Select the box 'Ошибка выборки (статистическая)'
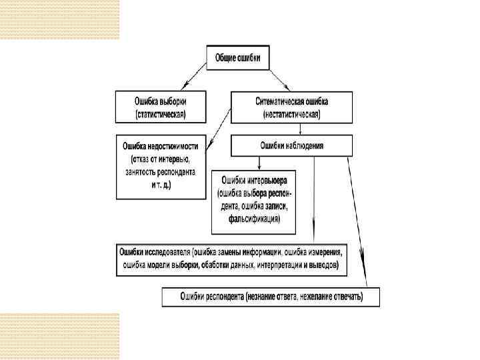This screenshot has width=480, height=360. [x=161, y=107]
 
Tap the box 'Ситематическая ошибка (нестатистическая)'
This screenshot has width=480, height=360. [x=291, y=107]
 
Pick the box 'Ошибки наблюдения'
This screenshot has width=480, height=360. [x=291, y=145]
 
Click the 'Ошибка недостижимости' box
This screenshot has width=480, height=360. [x=161, y=167]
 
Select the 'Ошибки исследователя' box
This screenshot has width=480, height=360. [x=231, y=258]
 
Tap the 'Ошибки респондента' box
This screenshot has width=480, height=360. [x=271, y=296]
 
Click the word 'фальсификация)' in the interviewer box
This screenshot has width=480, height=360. [x=253, y=219]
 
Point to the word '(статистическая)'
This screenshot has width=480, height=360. [x=161, y=114]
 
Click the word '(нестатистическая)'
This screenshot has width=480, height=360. [x=291, y=114]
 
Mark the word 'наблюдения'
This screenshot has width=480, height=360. [x=305, y=145]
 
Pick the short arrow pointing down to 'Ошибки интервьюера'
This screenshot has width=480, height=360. [x=258, y=163]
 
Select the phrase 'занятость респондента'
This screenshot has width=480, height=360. [x=161, y=171]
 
